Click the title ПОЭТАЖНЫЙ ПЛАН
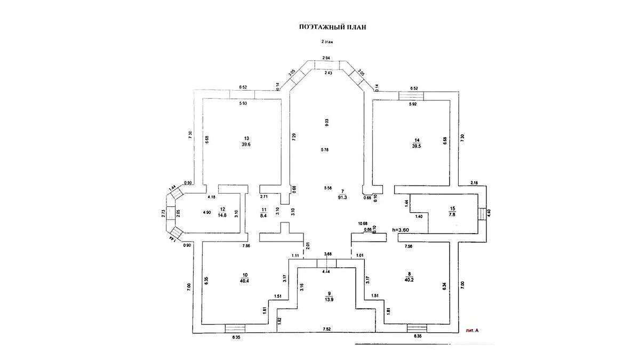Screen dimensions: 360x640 pos(324,26)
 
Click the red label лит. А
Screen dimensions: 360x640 pos(473,331)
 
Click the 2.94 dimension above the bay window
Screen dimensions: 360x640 pos(326,57)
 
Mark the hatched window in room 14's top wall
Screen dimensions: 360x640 pos(412,95)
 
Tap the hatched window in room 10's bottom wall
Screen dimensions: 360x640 pos(235,329)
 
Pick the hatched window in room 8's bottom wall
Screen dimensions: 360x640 pos(417,329)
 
